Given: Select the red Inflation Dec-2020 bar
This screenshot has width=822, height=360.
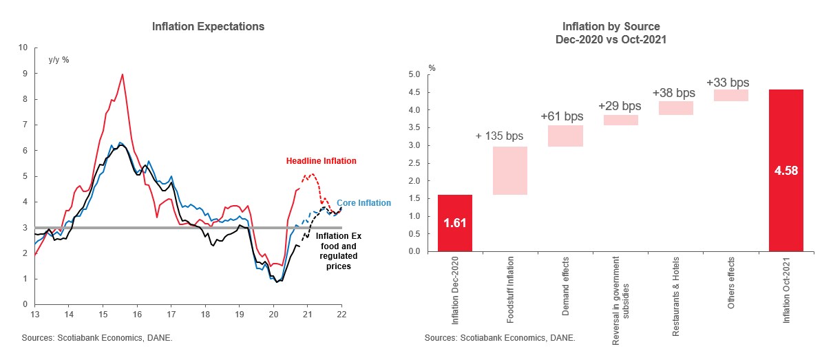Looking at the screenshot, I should (x=454, y=223).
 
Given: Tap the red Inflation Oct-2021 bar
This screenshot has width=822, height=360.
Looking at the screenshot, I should (x=786, y=170).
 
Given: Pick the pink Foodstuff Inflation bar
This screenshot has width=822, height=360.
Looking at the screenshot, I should (x=509, y=171).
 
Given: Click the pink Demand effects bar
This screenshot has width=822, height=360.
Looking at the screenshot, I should (x=565, y=136).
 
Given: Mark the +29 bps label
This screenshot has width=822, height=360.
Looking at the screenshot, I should (x=620, y=106).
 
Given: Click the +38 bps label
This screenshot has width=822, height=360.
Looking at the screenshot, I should (x=675, y=92).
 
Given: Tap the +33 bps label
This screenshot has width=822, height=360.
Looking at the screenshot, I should (x=728, y=83).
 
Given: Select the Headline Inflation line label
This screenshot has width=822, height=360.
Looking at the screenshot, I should (x=322, y=161).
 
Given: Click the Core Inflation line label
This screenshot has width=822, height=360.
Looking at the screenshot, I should (x=363, y=203).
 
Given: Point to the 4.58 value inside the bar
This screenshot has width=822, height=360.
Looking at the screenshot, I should (x=786, y=171).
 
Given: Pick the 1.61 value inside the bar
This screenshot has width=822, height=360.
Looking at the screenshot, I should (x=454, y=223).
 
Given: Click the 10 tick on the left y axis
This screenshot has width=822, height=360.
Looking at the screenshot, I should (x=23, y=48).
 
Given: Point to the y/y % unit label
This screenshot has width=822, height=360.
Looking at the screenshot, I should (x=59, y=59).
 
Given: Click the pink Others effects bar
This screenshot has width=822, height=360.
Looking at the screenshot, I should (x=731, y=96).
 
